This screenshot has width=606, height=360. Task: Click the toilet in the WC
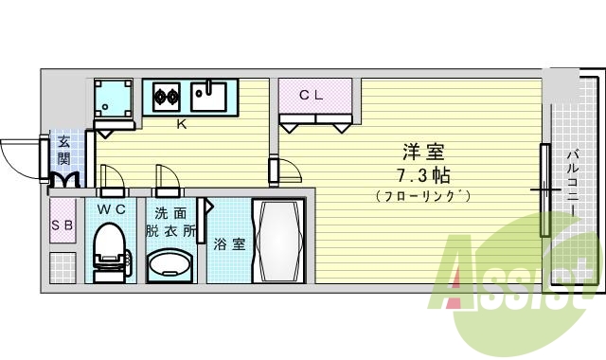[x=111, y=249]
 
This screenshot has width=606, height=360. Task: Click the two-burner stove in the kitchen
[x=167, y=94]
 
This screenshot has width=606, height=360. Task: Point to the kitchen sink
[x=207, y=94]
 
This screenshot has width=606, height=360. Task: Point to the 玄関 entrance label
[x=63, y=150]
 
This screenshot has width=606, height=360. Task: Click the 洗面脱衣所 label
[x=170, y=220]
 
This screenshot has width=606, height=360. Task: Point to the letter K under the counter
[x=180, y=122]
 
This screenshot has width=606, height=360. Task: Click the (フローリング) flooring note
[x=422, y=196]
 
